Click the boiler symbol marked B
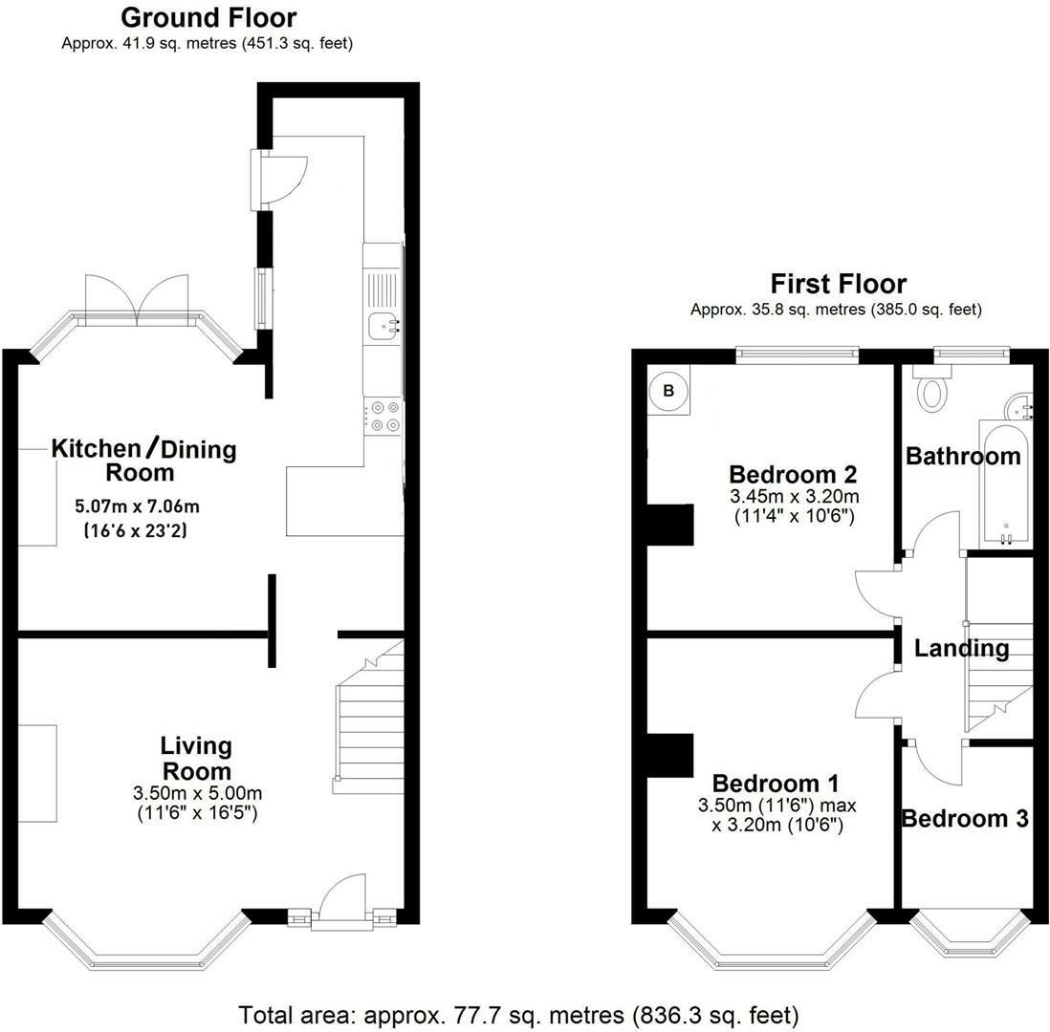click(668, 390)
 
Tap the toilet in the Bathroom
click(932, 390)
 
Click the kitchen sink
click(383, 325)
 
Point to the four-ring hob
click(383, 416)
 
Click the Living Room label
click(196, 759)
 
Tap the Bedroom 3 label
click(965, 819)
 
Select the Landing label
click(962, 648)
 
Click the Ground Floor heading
click(208, 17)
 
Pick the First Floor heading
click(839, 284)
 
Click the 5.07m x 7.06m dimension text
click(138, 505)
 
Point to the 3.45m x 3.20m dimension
click(795, 497)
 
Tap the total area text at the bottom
click(519, 1015)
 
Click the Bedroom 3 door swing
click(935, 763)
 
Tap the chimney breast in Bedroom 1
click(669, 756)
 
